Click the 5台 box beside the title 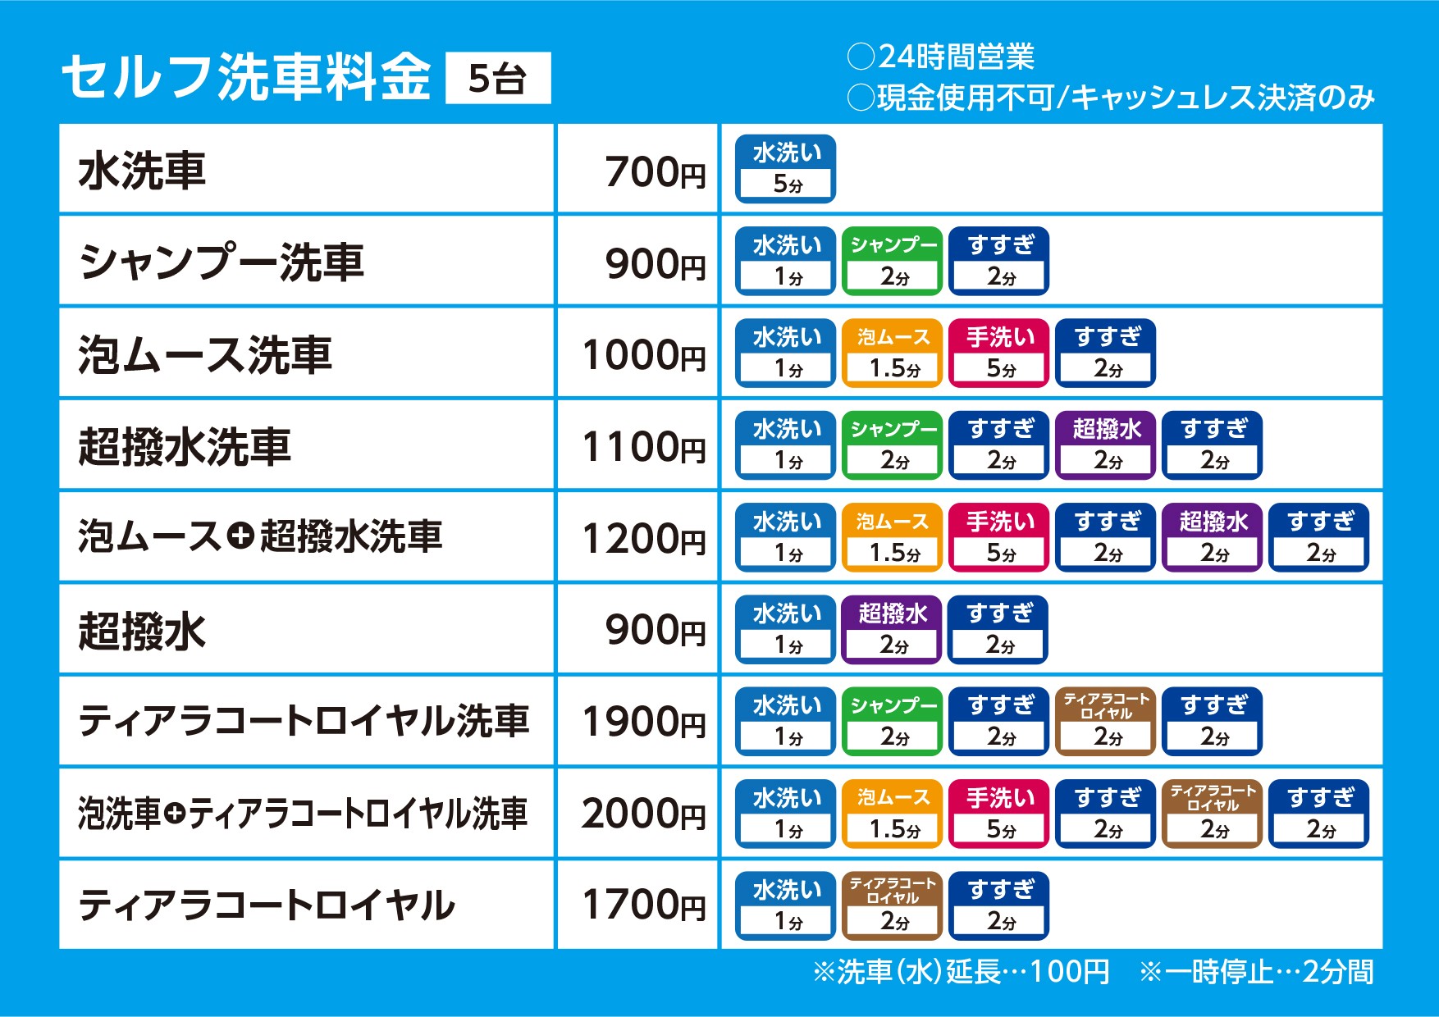coord(497,79)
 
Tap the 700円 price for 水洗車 coord(655,172)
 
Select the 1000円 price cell coord(643,355)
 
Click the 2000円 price coord(643,814)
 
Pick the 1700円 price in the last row coord(643,905)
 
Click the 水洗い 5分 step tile coord(786,169)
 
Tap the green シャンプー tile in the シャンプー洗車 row coord(893,261)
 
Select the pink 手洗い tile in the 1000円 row coord(999,353)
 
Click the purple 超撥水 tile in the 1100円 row coord(1106,445)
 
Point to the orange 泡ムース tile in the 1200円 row coord(893,537)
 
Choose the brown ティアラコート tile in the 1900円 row coord(1106,721)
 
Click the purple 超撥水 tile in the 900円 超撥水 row coord(892,629)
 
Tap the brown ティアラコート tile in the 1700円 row coord(893,905)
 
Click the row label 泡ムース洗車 coord(205,355)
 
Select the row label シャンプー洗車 coord(222,263)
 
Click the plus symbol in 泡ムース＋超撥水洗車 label coord(240,536)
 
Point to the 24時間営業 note coord(942,57)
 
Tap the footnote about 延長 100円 coord(961,972)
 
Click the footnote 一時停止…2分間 coord(1256,972)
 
